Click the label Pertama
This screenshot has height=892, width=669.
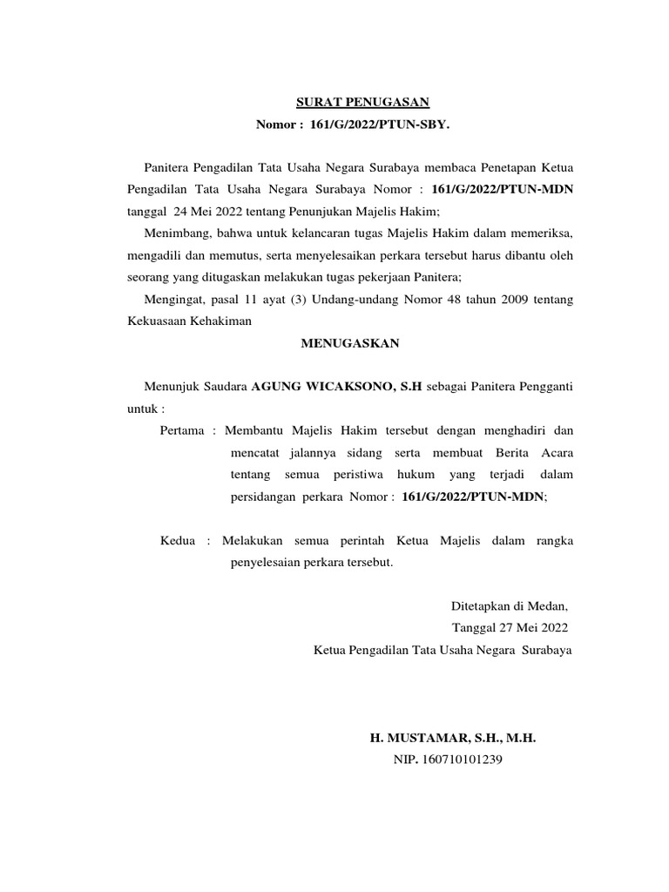(183, 431)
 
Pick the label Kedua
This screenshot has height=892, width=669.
(179, 541)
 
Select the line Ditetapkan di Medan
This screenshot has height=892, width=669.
(509, 606)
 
